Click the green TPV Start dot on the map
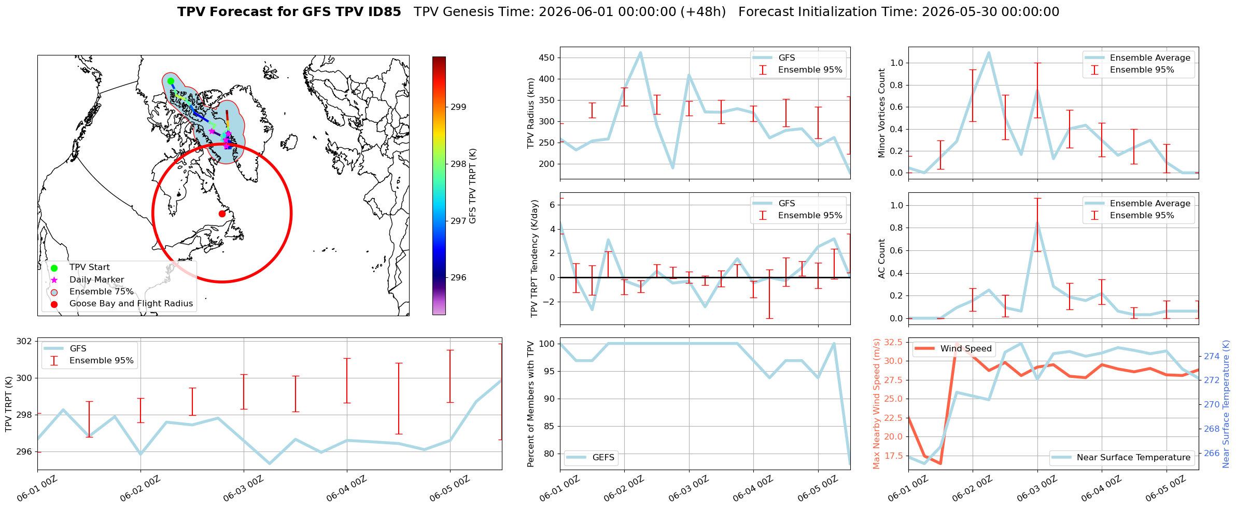(171, 81)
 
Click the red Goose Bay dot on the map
(222, 214)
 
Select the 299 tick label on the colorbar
(458, 107)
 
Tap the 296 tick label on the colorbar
(458, 278)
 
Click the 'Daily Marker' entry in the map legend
(96, 280)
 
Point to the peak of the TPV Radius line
(640, 52)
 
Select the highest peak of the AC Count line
(1037, 222)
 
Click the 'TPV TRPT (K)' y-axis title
(8, 404)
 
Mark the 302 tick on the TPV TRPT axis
(24, 342)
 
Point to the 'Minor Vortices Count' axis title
(881, 113)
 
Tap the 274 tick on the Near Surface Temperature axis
(1212, 357)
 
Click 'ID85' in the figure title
(385, 12)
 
